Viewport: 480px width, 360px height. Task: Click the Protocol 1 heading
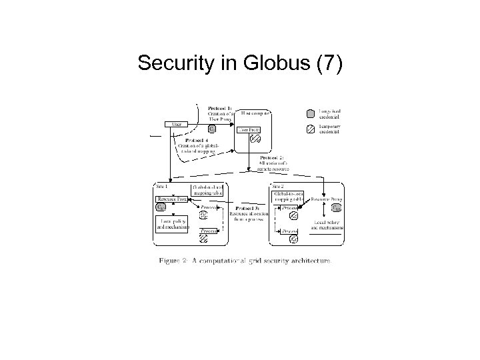220,107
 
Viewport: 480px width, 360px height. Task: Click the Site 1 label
162,186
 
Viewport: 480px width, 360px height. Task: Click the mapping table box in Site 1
209,191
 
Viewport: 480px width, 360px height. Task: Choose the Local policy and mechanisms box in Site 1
173,223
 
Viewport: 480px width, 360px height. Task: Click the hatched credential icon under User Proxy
255,139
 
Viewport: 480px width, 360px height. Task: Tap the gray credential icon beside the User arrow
212,128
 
